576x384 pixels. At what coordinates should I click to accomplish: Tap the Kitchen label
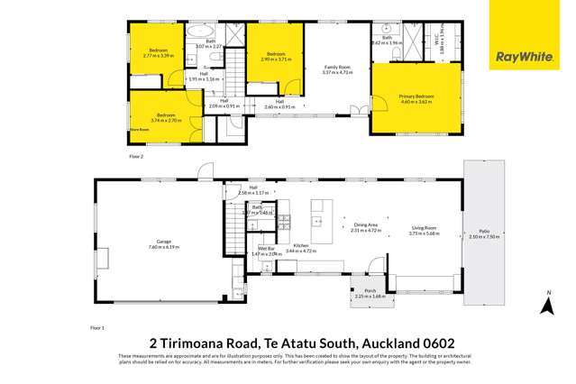tap(301, 245)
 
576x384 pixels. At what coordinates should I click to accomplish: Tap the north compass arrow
tap(545, 306)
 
